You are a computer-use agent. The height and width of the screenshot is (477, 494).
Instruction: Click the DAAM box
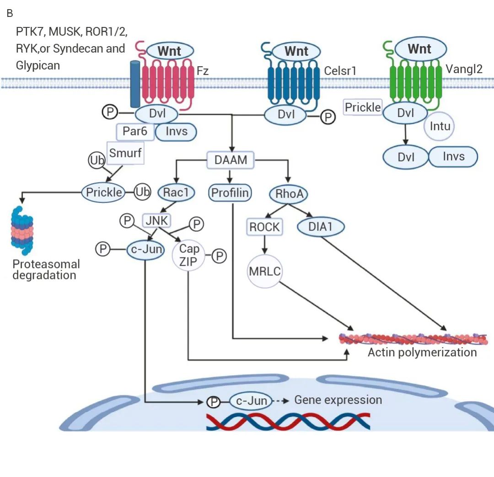tap(231, 160)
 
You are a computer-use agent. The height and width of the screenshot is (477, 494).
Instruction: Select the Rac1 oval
tap(176, 193)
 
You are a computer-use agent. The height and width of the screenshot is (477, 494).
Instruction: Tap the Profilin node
tap(230, 193)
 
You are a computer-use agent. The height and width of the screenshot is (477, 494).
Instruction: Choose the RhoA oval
tap(289, 194)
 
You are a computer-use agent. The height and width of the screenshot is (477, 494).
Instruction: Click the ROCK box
tap(265, 226)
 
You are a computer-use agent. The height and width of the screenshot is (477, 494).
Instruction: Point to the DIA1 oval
tap(321, 226)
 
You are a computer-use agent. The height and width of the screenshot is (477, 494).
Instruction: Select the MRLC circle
tap(265, 271)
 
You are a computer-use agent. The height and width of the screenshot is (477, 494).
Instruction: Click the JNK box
tap(156, 221)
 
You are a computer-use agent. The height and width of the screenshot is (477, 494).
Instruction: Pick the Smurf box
tap(125, 153)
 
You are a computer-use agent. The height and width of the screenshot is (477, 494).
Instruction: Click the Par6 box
tap(135, 132)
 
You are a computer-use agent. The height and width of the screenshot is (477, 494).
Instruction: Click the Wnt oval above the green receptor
tap(419, 49)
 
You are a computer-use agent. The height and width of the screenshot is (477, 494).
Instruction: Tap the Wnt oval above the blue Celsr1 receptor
tap(296, 51)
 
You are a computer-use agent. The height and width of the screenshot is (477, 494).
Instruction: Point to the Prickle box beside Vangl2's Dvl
tap(362, 107)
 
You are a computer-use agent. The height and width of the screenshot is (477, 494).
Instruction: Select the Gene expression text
tap(338, 400)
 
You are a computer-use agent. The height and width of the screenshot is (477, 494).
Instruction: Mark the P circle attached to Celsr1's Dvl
tap(327, 117)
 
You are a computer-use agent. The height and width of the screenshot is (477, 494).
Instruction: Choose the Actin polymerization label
tap(422, 352)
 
